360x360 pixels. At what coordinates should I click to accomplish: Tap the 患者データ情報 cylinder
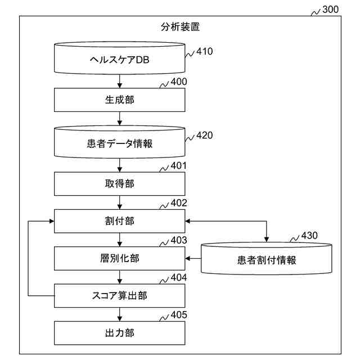[120, 142]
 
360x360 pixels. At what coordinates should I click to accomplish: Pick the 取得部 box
[120, 184]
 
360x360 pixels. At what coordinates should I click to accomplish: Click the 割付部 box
[120, 220]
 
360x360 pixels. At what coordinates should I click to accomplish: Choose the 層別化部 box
[120, 258]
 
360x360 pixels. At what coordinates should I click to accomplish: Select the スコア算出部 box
[120, 295]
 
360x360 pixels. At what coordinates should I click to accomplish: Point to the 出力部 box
[120, 333]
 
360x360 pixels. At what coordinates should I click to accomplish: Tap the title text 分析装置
[180, 26]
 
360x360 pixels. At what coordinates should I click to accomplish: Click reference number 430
[309, 235]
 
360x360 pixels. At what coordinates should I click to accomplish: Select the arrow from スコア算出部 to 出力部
[120, 314]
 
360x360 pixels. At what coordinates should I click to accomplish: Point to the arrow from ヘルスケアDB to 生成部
[120, 82]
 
